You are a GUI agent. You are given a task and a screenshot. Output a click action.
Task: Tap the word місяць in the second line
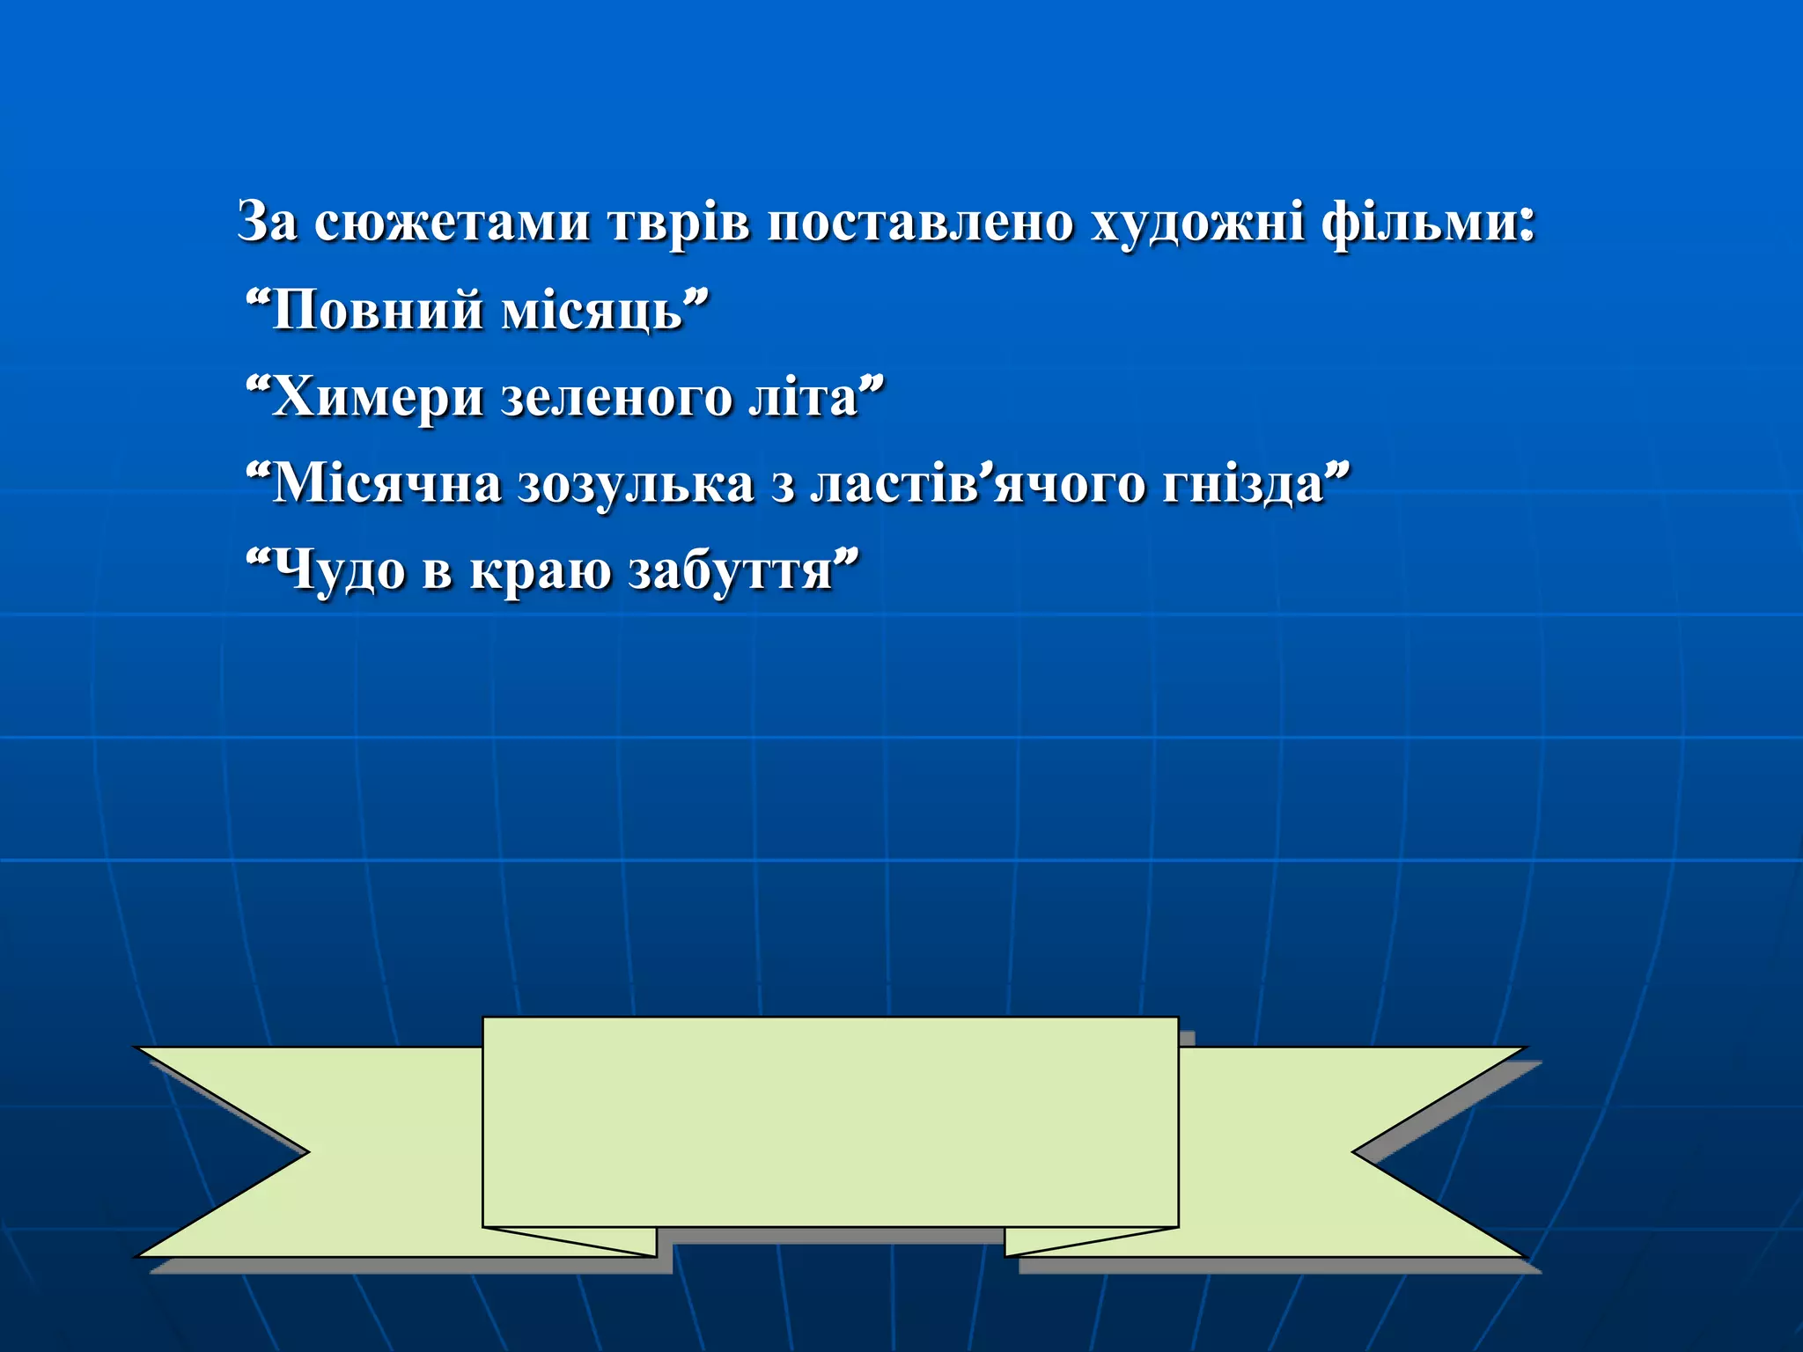coord(592,311)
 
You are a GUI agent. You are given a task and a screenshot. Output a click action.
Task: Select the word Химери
coord(378,397)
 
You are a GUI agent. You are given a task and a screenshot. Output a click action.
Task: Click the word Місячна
coord(387,484)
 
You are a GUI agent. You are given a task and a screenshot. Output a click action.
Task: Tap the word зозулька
coord(636,484)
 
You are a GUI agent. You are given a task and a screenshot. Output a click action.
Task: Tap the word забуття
coord(731,570)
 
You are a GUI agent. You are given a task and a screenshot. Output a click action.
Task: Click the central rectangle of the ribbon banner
coord(830,1122)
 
